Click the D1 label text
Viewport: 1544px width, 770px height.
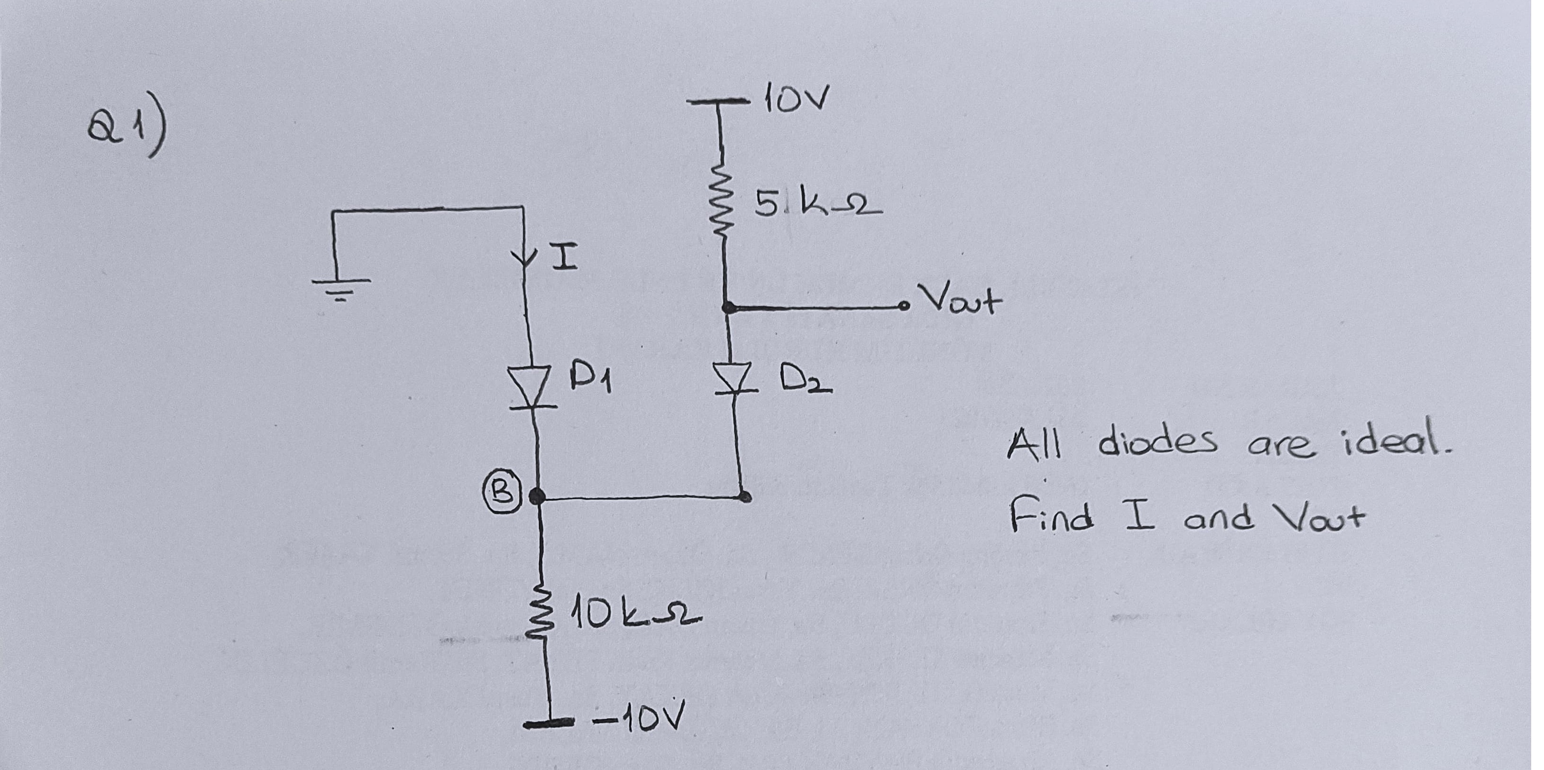590,381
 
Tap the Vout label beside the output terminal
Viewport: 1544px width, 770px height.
959,300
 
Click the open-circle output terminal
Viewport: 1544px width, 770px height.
904,307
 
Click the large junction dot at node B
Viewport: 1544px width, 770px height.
537,496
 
